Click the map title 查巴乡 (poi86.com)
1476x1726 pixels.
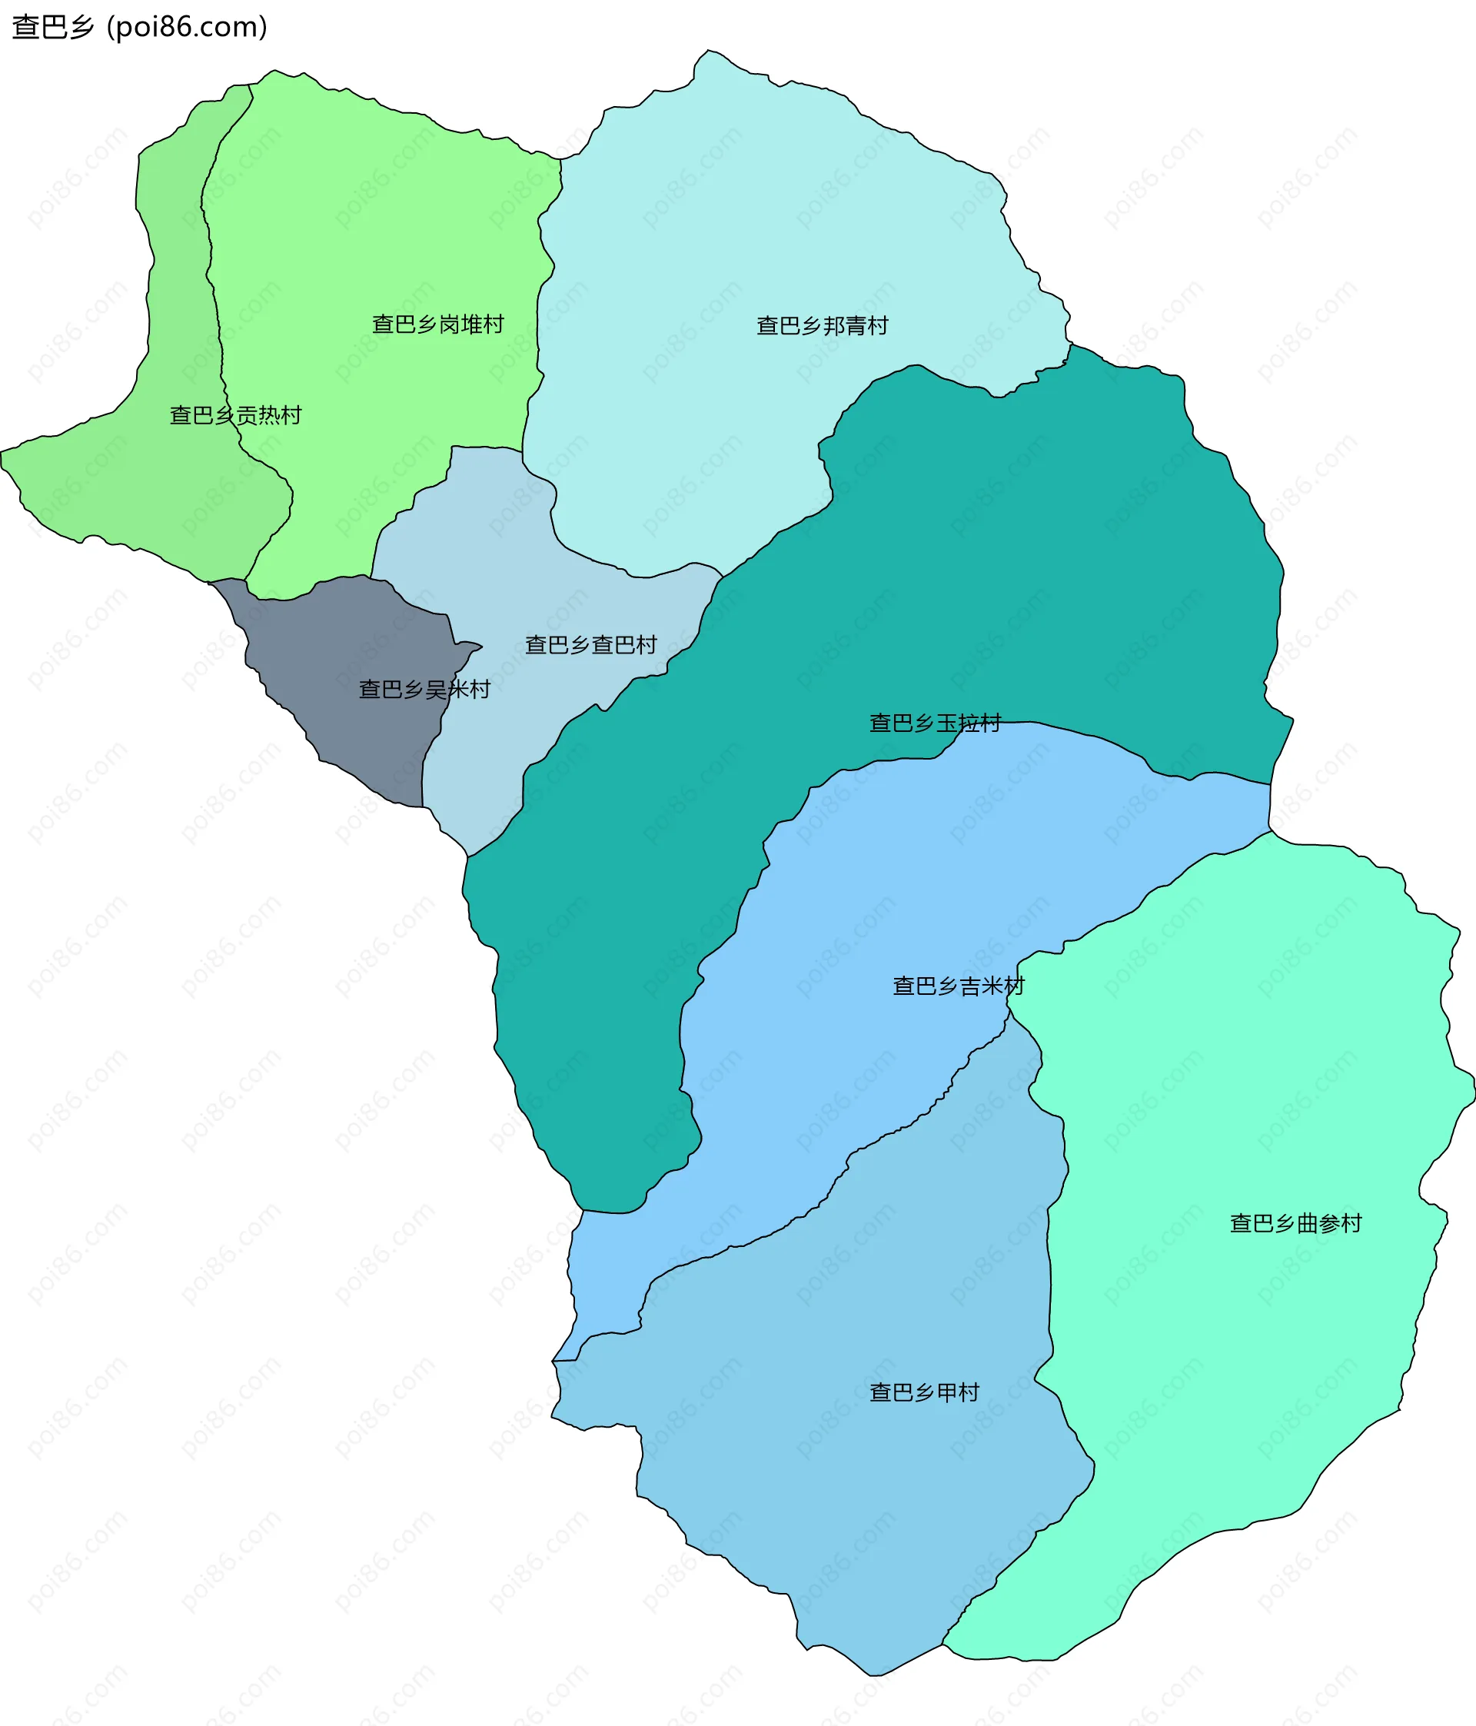[139, 28]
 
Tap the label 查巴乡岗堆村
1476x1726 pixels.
[438, 324]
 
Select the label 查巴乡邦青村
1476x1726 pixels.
[822, 326]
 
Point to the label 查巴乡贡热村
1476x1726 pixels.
[236, 415]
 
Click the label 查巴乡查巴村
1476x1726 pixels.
[590, 645]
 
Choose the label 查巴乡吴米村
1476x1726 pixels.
[424, 689]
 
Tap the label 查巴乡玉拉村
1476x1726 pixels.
[935, 722]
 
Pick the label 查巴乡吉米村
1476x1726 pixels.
[958, 986]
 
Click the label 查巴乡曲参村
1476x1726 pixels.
[1295, 1223]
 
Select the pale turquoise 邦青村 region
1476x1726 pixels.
[750, 208]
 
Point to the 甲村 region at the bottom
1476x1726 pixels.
[875, 1499]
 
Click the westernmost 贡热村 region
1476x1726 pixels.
[167, 483]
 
